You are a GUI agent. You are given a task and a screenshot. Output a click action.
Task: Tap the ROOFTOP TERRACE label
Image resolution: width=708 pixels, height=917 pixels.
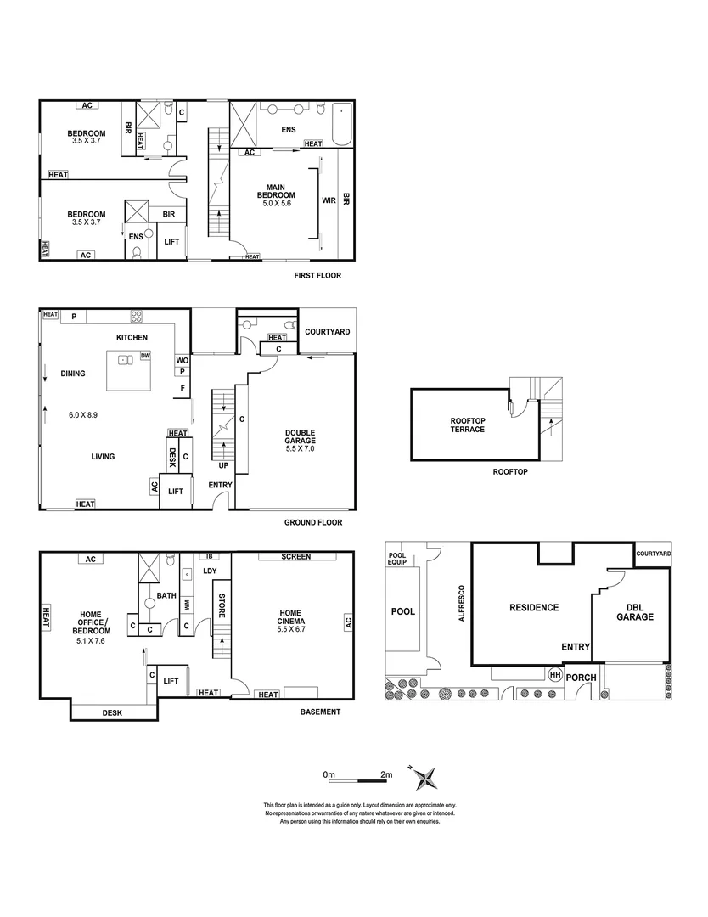[x=468, y=425]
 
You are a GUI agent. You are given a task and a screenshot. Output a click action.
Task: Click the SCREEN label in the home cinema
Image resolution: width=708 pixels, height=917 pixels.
[x=297, y=557]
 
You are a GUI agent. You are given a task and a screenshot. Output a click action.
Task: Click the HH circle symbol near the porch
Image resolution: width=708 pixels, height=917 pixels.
[x=555, y=675]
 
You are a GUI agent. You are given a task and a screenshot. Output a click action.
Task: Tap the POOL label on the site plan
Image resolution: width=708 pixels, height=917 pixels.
[x=402, y=611]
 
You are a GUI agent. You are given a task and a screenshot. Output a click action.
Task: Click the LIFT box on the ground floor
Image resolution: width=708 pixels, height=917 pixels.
[x=176, y=491]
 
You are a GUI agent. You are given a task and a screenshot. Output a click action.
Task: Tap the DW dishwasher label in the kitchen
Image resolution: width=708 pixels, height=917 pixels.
[x=145, y=356]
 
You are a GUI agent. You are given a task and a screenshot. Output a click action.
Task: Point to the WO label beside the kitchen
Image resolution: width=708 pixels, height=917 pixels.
[x=182, y=360]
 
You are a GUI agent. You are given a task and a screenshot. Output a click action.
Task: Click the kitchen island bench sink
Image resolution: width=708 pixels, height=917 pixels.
[x=126, y=360]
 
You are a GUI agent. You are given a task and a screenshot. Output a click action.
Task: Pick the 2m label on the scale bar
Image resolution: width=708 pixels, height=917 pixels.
[x=387, y=775]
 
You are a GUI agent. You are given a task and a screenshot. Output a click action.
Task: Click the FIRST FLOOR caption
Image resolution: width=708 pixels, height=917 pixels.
[x=317, y=276]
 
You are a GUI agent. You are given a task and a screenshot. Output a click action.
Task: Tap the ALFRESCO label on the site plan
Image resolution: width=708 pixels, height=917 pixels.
[x=462, y=604]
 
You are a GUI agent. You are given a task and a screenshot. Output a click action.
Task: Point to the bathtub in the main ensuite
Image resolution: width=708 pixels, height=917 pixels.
[x=341, y=123]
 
